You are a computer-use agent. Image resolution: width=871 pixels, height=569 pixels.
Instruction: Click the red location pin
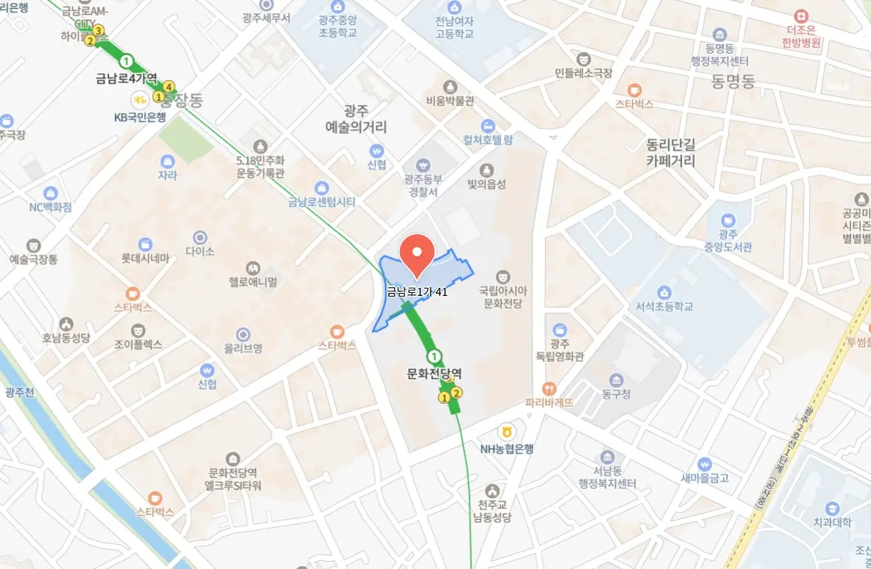417,254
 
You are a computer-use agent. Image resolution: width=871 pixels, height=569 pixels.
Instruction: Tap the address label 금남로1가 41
417,291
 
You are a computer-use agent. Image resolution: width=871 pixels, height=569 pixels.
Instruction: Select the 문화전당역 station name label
434,374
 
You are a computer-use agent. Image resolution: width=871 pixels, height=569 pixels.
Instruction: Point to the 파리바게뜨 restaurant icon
548,388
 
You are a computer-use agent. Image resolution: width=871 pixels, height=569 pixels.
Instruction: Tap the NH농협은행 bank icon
506,432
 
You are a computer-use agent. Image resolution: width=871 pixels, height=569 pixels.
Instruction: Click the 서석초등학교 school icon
664,292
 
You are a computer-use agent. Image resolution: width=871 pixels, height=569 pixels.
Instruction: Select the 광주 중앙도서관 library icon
728,219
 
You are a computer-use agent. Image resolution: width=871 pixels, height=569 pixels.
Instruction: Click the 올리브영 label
243,348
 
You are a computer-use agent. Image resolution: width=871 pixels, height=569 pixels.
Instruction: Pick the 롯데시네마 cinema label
146,258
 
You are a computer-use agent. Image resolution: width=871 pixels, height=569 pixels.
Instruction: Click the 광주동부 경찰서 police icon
422,165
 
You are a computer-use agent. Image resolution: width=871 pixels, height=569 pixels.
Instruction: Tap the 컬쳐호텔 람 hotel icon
487,125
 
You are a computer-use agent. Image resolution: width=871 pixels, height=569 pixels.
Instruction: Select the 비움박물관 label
450,101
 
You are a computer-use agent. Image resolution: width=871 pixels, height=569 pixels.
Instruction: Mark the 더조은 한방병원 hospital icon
800,15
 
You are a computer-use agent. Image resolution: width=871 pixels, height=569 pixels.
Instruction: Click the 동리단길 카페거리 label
670,152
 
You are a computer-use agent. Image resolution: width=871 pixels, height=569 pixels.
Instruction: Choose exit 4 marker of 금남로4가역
169,86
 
